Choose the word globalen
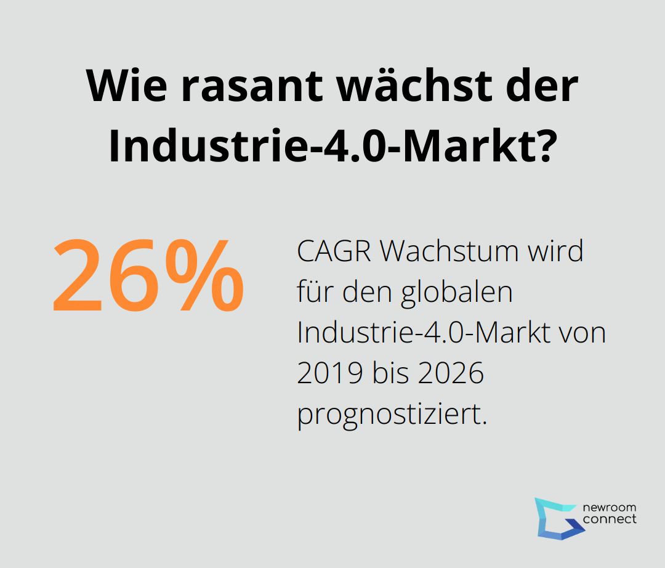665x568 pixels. tap(457, 292)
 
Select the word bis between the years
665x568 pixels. tap(387, 374)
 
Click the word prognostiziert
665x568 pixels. tap(392, 415)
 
